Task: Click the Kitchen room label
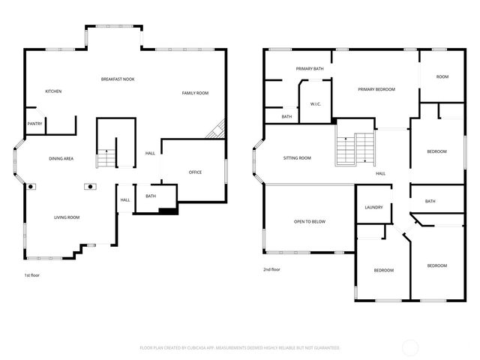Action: (x=53, y=91)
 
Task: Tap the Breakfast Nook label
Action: (x=118, y=79)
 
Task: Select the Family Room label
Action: (x=195, y=93)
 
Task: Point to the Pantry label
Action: (x=34, y=124)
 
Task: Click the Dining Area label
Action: (x=61, y=159)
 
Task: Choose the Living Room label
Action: (x=67, y=217)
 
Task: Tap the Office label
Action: (x=195, y=172)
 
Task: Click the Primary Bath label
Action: (x=310, y=69)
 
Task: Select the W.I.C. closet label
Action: (x=316, y=104)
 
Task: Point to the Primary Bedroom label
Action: (x=376, y=89)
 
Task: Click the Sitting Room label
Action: (x=297, y=158)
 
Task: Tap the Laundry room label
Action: (x=374, y=208)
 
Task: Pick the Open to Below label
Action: (x=310, y=222)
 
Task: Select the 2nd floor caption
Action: (x=271, y=269)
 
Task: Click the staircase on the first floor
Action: (x=106, y=158)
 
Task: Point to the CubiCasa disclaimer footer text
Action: (x=240, y=348)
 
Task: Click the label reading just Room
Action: (x=442, y=76)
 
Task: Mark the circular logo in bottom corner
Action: (x=411, y=347)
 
